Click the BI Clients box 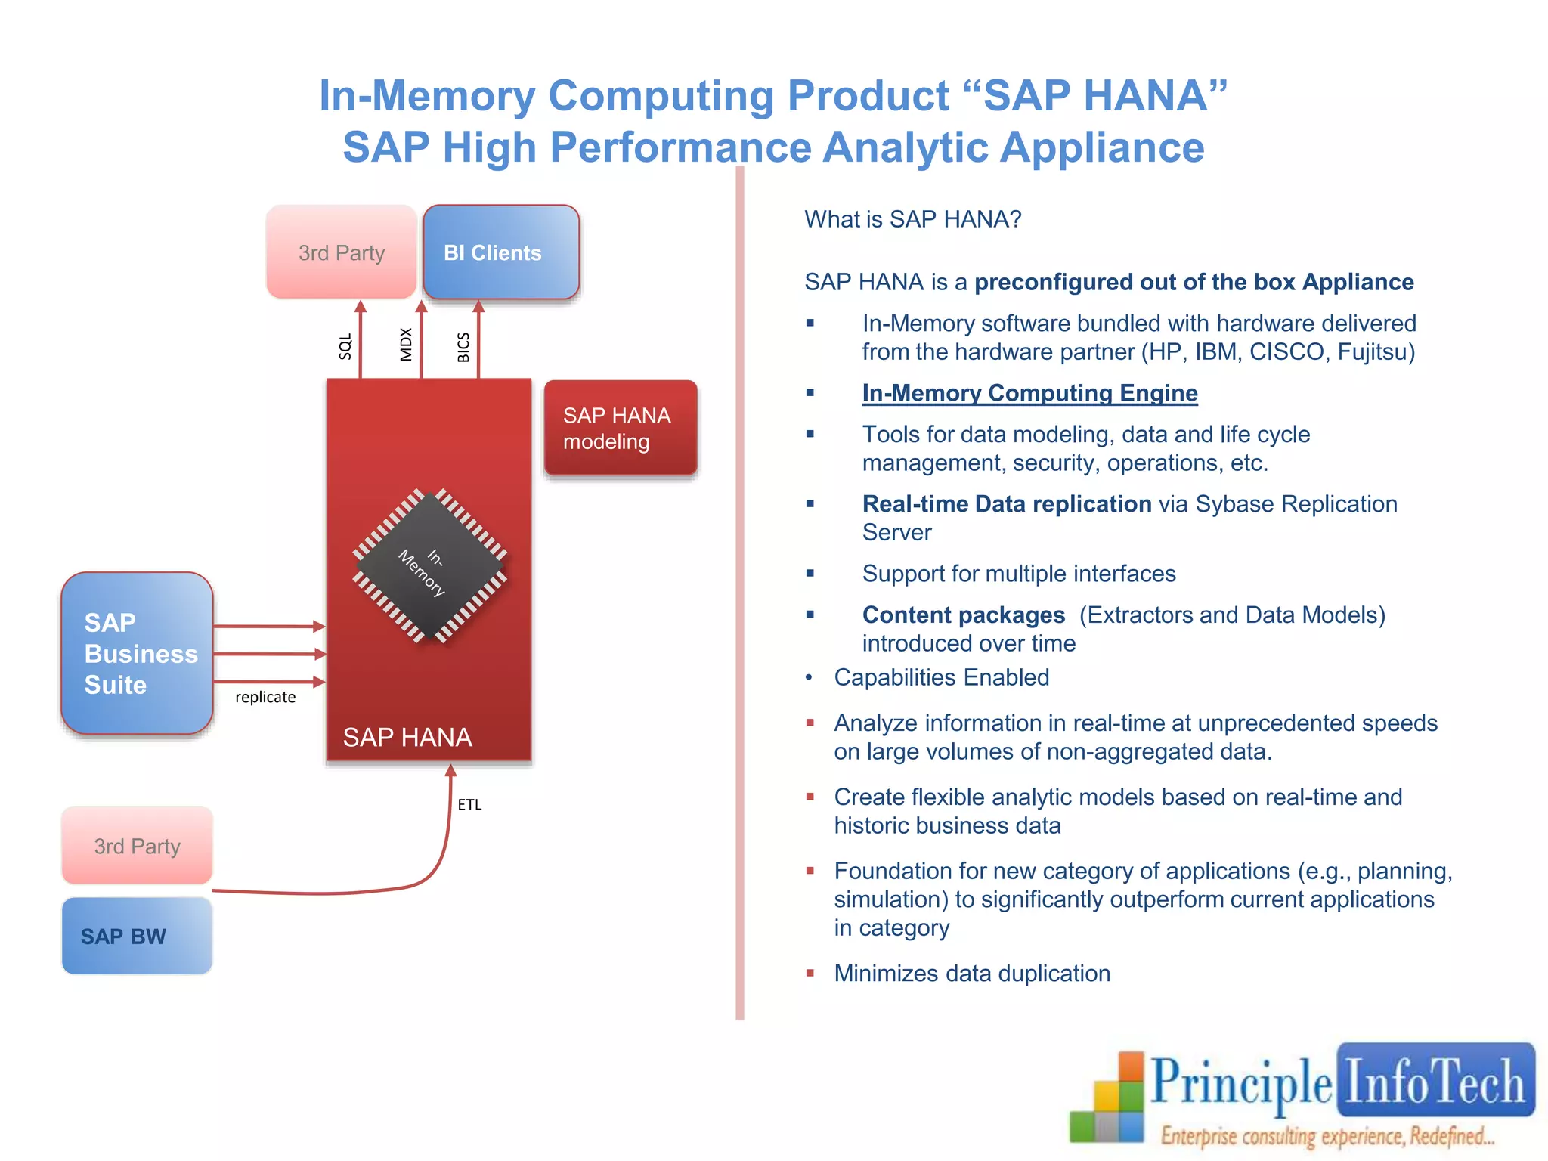pos(500,252)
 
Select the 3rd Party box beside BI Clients pos(342,252)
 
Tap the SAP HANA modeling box pos(620,428)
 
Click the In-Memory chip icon pos(429,566)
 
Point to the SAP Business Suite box pos(137,653)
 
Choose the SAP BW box pos(137,936)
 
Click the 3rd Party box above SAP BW pos(137,846)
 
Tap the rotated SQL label pos(345,346)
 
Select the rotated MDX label pos(406,345)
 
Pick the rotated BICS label pos(463,347)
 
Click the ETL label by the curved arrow pos(469,805)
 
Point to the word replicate pos(265,697)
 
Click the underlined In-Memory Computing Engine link pos(1029,393)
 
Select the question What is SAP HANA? pos(912,219)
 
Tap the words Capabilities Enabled pos(941,677)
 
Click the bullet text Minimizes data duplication pos(972,973)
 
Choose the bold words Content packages pos(963,615)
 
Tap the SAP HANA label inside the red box pos(407,737)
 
